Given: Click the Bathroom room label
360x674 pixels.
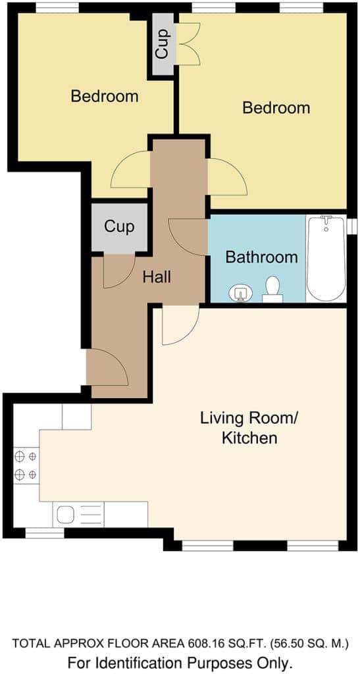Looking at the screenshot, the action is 261,257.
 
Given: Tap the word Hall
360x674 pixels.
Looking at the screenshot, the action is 157,277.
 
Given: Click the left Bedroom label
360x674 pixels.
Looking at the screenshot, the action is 105,96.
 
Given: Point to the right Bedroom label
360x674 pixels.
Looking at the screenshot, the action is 276,107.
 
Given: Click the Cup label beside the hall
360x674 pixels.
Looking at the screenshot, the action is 119,226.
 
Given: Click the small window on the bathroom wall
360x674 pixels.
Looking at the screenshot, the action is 352,226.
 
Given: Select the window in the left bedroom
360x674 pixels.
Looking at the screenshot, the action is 57,7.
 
